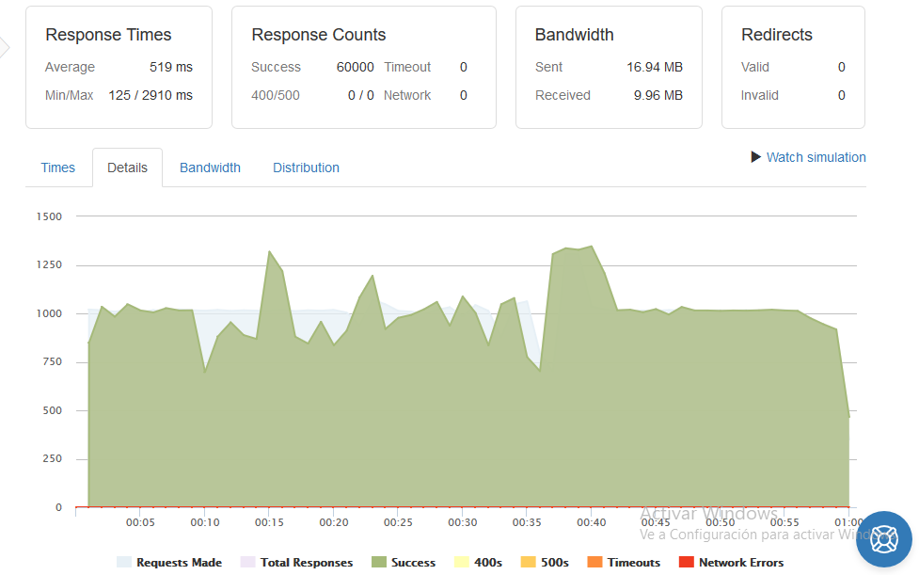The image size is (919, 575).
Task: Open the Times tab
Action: (x=58, y=168)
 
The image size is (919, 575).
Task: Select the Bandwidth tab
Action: (x=210, y=168)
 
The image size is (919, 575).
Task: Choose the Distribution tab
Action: (x=306, y=168)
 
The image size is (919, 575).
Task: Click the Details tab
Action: (x=127, y=168)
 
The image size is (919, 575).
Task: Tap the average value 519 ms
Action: (x=171, y=68)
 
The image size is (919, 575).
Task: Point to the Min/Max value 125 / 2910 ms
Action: (x=151, y=96)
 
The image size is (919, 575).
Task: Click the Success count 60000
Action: (x=356, y=68)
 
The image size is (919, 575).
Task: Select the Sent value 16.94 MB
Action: (x=655, y=68)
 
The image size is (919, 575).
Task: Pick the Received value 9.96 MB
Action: (x=658, y=96)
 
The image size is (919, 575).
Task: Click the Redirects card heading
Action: (x=777, y=35)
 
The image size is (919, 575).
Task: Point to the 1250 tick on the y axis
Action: (x=49, y=265)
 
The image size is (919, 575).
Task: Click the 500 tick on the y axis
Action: (x=52, y=410)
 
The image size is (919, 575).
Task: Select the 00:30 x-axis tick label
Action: (x=463, y=522)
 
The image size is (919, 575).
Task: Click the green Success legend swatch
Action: (x=379, y=562)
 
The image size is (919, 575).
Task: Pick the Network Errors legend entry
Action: (x=731, y=562)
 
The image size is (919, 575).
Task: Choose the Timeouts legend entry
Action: (x=624, y=562)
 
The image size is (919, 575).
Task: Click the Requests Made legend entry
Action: (x=169, y=562)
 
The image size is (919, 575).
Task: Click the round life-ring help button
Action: (x=884, y=539)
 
